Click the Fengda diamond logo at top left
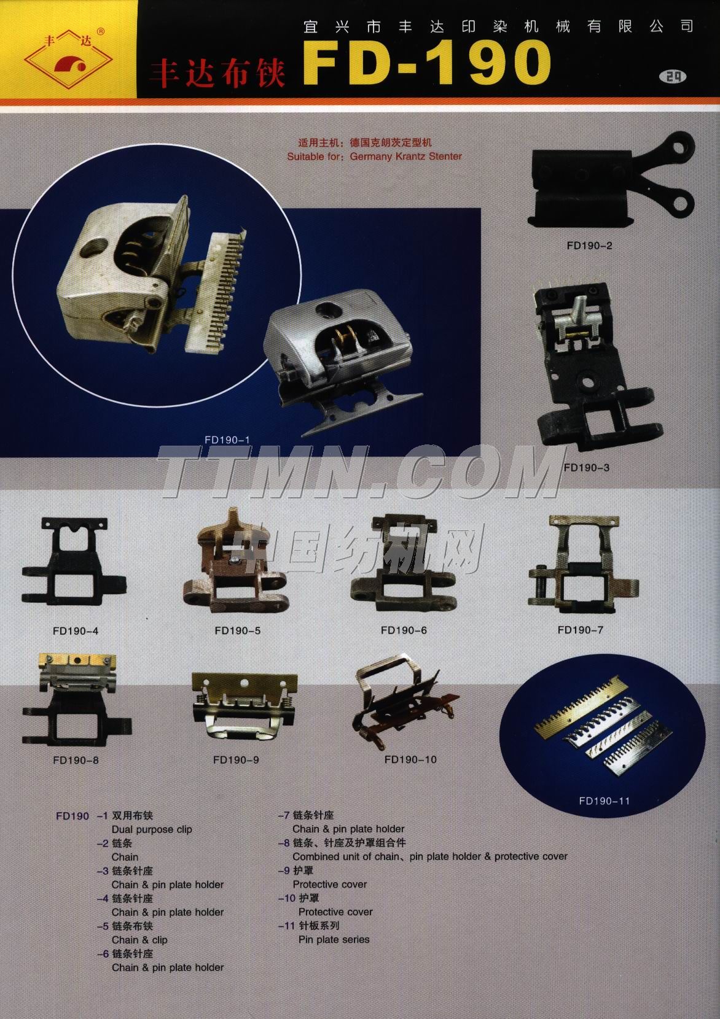(68, 59)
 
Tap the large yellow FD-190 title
(427, 63)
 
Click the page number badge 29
(673, 77)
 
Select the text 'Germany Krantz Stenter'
(406, 156)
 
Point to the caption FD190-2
(589, 246)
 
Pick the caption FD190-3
(587, 468)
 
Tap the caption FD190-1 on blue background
(227, 440)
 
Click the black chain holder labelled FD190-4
(74, 563)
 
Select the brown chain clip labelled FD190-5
(235, 561)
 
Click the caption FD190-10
(410, 759)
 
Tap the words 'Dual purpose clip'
(152, 829)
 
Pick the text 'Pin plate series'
(334, 939)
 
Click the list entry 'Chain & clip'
(140, 940)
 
